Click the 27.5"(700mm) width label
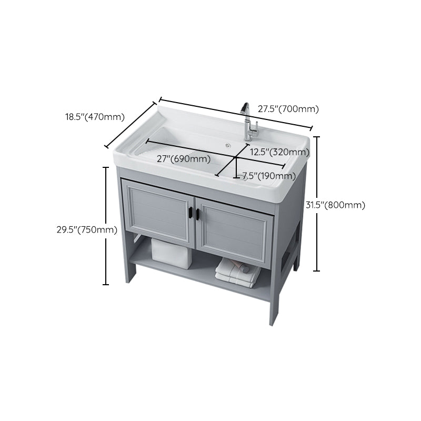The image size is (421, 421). (x=288, y=109)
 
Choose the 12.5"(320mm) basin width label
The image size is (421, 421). (x=279, y=152)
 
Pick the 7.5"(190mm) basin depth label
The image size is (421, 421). (x=268, y=176)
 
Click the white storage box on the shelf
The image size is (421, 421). (x=171, y=250)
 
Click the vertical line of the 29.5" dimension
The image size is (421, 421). (x=106, y=226)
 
